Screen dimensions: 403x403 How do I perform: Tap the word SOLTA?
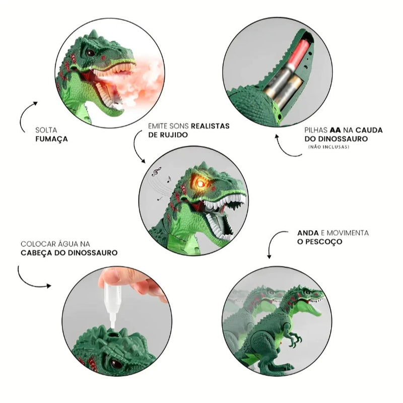coord(46,129)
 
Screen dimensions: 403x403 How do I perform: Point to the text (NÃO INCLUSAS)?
coord(328,147)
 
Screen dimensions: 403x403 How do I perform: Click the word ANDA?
coord(308,233)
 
